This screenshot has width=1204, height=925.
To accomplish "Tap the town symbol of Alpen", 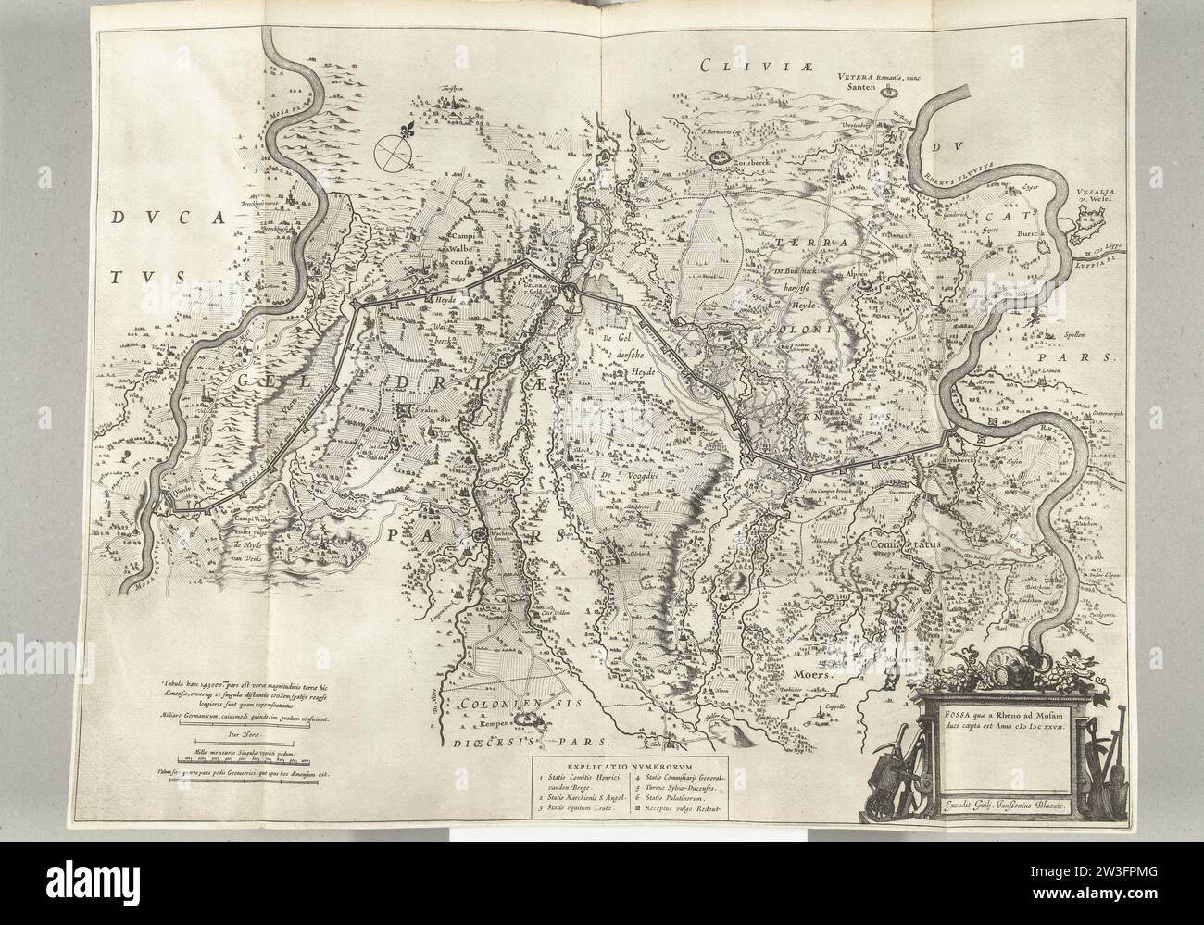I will tap(865, 285).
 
